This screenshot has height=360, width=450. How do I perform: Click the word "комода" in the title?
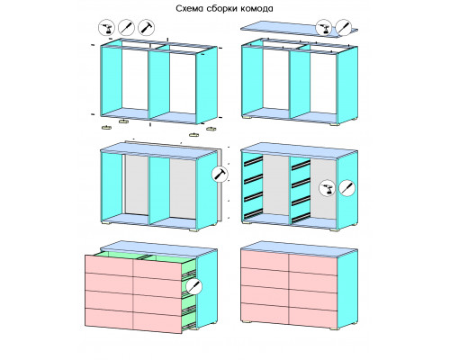[256, 9]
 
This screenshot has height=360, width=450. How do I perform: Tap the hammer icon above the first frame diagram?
[147, 28]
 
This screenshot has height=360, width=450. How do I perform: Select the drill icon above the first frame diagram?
[106, 28]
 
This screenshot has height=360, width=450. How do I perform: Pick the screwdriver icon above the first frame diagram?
[127, 28]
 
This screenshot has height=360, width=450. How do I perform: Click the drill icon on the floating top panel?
[324, 28]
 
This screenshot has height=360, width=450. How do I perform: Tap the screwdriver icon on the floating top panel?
[344, 28]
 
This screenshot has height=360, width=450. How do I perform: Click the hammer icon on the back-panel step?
[220, 175]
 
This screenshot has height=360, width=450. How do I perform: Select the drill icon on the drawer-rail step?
[327, 188]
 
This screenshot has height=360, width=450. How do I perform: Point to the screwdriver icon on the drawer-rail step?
[347, 188]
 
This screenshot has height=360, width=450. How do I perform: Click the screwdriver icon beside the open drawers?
[194, 286]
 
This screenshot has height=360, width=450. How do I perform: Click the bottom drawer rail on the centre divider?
[301, 218]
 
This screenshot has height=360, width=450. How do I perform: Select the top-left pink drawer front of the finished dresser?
[265, 260]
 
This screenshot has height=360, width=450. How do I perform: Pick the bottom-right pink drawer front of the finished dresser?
[313, 318]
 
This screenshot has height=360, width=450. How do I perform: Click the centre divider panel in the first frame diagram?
[159, 84]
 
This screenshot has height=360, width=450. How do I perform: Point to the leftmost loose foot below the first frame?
[106, 128]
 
